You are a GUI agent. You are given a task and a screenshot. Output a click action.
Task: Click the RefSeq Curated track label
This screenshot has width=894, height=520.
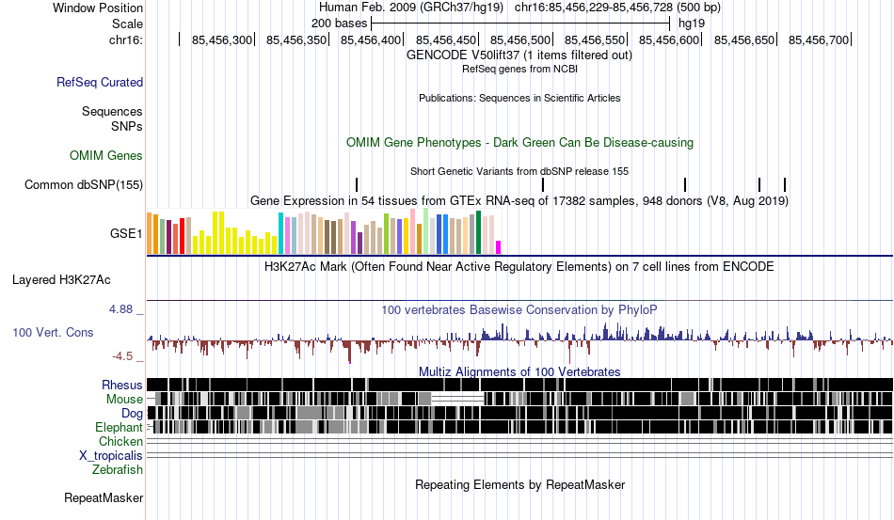click(100, 82)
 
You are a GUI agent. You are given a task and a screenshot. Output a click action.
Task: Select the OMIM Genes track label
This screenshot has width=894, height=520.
click(106, 155)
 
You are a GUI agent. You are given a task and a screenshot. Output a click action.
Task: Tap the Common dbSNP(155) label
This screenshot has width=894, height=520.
click(84, 184)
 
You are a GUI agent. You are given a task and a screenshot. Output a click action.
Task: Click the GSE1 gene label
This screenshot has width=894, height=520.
click(126, 233)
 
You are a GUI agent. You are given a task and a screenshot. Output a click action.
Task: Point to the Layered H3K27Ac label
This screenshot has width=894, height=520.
click(61, 279)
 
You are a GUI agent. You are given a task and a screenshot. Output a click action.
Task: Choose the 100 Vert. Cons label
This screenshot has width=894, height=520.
click(53, 332)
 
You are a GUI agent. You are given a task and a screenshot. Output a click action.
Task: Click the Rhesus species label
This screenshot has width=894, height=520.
click(122, 385)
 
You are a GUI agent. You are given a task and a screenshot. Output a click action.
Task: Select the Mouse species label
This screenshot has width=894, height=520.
click(124, 400)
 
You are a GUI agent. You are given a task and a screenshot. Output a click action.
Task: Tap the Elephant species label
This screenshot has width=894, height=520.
click(120, 427)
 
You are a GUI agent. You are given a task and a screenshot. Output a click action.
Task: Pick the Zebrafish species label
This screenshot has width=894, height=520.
click(118, 470)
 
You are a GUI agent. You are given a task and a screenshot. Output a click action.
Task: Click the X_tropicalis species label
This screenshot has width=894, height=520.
click(111, 456)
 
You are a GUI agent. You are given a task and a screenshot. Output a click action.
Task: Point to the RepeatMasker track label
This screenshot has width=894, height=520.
click(104, 497)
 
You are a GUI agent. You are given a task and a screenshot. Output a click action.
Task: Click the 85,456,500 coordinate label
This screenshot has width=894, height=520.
click(520, 39)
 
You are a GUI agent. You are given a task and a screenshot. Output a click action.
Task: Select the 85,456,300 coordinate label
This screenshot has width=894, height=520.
click(222, 39)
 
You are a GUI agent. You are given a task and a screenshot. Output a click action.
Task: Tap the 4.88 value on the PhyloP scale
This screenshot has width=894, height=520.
click(120, 309)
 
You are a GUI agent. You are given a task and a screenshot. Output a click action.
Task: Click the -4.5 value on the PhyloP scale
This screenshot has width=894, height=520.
click(122, 356)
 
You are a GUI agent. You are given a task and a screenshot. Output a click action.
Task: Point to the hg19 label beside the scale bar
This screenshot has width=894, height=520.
click(692, 24)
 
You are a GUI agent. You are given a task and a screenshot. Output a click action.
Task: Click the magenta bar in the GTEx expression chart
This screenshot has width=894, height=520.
click(499, 247)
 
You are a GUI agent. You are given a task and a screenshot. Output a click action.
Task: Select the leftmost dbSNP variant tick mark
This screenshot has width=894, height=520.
click(357, 184)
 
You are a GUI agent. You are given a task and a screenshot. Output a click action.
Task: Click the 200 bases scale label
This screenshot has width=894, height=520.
click(339, 24)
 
